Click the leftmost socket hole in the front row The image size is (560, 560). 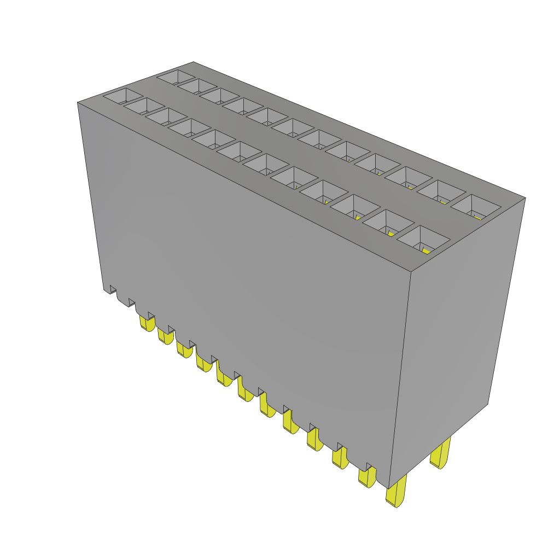point(122,96)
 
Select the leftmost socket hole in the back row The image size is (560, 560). point(176,77)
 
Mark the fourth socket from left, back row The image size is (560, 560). point(243,106)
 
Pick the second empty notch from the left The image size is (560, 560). point(131,302)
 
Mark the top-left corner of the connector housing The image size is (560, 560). point(78,102)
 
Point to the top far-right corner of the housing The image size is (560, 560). point(525,198)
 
